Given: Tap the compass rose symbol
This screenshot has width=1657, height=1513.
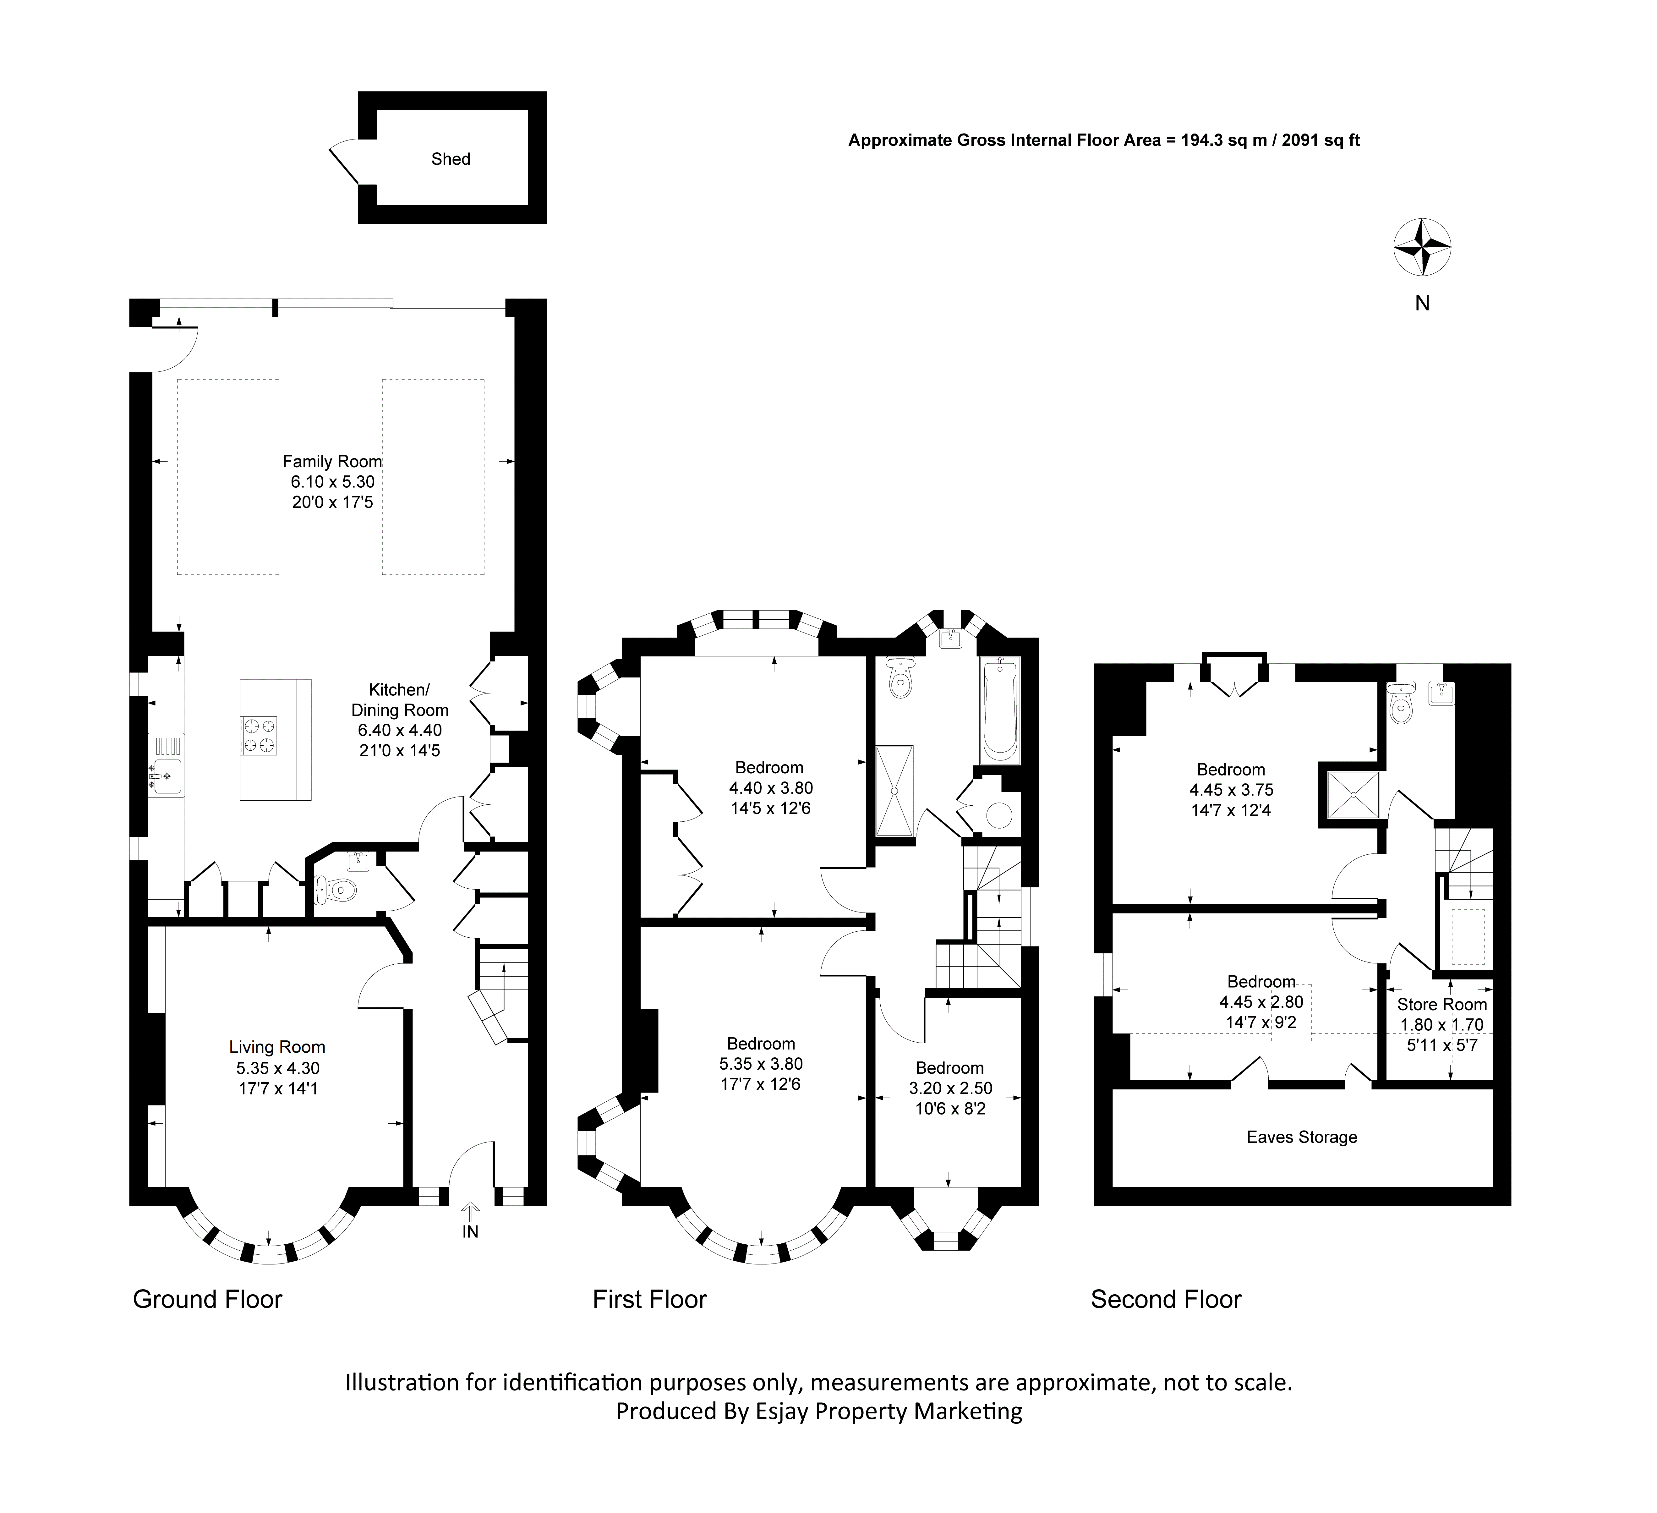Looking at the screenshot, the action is click(x=1422, y=247).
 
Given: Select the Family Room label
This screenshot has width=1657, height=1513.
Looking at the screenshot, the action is click(x=332, y=462).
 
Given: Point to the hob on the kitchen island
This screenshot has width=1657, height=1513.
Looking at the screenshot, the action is click(x=258, y=735).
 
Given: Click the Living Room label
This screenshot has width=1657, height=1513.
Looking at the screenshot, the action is click(x=277, y=1047).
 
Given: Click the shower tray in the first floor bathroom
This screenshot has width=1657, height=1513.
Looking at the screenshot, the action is click(x=895, y=790).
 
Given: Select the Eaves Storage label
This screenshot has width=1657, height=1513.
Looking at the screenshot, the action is click(x=1302, y=1137).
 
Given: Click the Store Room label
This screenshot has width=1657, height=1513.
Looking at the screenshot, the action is click(x=1442, y=1004).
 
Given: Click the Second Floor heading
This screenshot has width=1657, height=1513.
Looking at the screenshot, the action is click(x=1166, y=1299).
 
